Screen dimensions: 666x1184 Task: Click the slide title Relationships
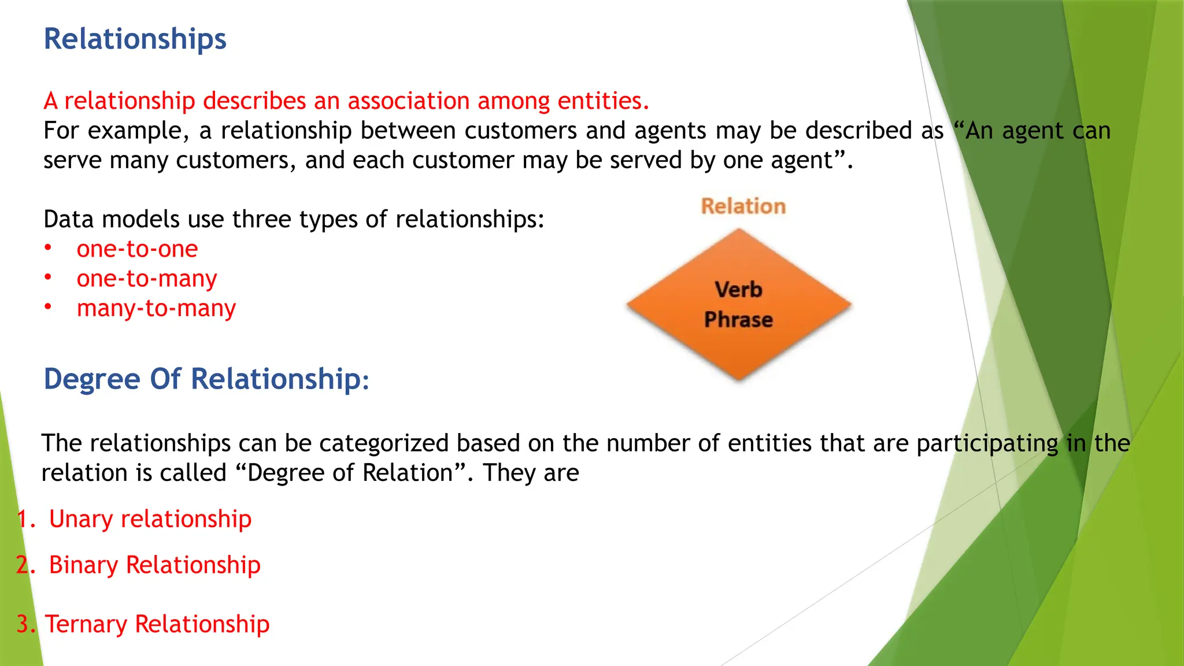coord(135,39)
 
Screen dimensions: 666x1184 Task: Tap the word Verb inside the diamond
coord(738,289)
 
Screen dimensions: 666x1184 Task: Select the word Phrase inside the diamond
coord(738,320)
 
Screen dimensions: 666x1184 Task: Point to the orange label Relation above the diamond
coord(743,206)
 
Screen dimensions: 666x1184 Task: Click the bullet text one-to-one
coord(137,249)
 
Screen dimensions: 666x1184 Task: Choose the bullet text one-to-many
coord(147,279)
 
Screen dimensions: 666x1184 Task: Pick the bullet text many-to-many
coord(156,309)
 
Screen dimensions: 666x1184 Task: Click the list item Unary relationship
coord(150,519)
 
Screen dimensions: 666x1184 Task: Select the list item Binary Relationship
coord(154,565)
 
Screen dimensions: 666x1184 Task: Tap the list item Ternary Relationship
coord(157,624)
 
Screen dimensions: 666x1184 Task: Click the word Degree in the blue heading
coord(92,379)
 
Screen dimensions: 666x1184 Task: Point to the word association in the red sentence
coord(408,101)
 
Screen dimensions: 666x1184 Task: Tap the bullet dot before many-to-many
coord(49,307)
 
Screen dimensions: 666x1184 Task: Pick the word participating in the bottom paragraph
coord(987,444)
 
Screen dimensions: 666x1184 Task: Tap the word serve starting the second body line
coord(72,161)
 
